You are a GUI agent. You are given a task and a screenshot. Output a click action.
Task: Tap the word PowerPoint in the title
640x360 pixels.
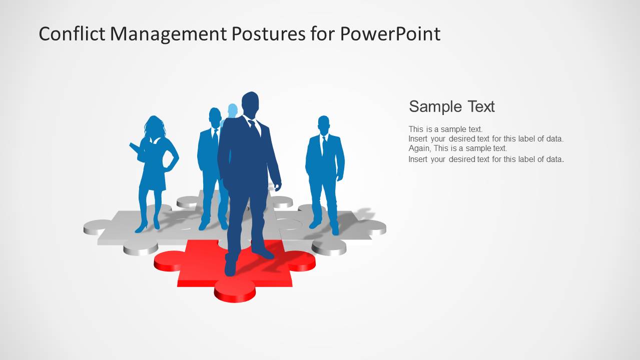pos(390,34)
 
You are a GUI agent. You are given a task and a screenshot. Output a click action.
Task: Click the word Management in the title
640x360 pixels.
pos(168,34)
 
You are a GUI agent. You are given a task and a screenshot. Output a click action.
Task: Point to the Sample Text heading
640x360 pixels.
pos(451,106)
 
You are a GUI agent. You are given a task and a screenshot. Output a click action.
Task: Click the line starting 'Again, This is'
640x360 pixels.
pos(457,148)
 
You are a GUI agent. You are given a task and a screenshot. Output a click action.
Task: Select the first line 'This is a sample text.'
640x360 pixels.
pos(445,129)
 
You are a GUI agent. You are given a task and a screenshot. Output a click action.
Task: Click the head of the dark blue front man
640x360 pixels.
pos(250,103)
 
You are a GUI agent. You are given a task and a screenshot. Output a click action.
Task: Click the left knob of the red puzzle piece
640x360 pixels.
pos(168,260)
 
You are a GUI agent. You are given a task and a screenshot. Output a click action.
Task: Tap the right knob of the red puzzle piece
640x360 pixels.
pos(302,260)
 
